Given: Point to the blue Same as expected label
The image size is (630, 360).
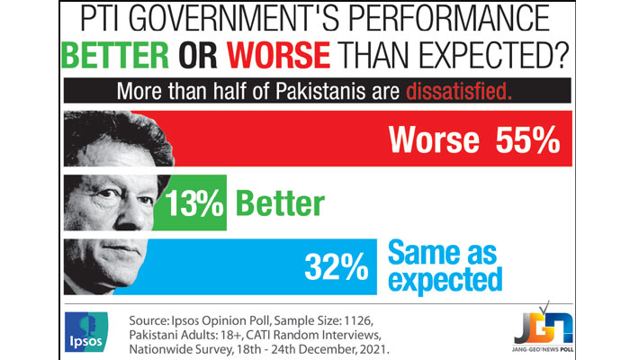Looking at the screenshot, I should (445, 265).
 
